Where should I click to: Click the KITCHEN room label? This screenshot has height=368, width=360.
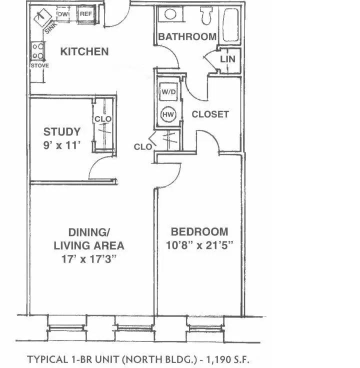pos(84,51)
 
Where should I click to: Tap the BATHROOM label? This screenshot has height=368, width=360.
pos(187,36)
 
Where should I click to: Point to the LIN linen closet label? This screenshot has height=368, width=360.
pos(227,59)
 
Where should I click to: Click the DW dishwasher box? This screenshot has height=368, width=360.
pos(63,15)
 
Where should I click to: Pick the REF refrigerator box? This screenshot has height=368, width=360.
pos(86,14)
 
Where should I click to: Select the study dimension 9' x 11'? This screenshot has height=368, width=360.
pos(62,145)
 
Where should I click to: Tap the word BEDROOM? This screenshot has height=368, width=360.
pos(199,232)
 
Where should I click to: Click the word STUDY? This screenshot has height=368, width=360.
pos(62,132)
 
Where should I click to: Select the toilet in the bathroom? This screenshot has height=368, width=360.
pos(205,15)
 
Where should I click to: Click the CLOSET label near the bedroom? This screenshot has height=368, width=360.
pos(210,114)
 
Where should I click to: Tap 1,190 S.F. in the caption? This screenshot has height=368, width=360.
pos(224,359)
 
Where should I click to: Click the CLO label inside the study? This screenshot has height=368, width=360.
pos(103,119)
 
